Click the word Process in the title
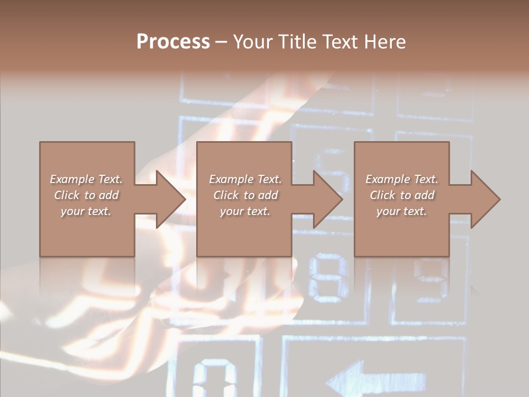pos(173,42)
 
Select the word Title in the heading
pos(298,42)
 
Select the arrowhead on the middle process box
pos(327,199)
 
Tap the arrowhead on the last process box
pos(485,199)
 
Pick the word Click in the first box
pos(67,195)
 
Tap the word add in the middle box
pos(268,195)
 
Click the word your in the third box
pos(388,211)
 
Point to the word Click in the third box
pos(382,195)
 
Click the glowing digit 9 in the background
pos(430,278)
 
